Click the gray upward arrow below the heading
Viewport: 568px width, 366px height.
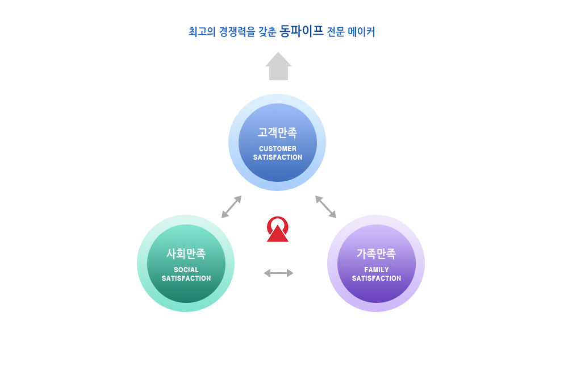278,66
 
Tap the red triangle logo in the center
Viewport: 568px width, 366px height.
278,234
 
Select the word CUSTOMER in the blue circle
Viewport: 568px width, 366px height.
278,148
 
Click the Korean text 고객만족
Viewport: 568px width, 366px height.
278,132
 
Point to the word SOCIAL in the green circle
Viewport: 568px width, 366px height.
186,269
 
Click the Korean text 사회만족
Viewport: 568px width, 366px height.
186,253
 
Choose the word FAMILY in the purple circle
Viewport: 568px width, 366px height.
377,269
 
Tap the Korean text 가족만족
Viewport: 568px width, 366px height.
376,253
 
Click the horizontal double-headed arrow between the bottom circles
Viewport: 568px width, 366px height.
278,273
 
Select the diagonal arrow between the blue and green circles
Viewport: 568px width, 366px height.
232,206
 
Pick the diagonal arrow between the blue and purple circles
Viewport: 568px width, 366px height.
325,206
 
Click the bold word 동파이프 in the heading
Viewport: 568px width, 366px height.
302,31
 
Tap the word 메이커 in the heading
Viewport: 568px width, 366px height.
361,31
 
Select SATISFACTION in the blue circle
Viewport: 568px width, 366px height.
278,157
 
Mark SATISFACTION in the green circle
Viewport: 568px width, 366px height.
186,278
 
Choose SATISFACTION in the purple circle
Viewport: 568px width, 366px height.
377,278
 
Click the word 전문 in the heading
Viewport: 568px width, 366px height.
336,31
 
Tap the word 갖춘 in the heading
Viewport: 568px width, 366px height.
268,31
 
